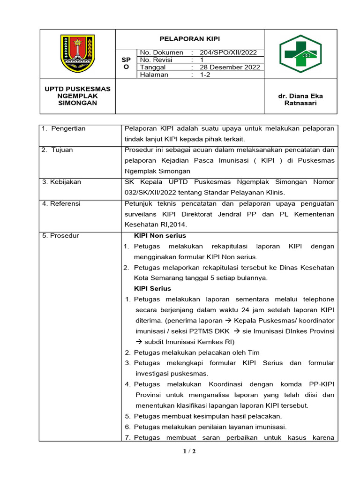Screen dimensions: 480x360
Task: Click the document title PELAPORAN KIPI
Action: (x=189, y=39)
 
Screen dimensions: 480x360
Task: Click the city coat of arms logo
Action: (x=77, y=53)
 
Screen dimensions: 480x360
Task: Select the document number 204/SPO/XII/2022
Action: (x=228, y=52)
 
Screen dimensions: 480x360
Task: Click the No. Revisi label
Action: (x=156, y=60)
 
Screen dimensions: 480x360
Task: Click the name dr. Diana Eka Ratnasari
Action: (x=300, y=99)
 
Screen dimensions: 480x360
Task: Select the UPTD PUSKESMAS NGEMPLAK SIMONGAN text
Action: (x=77, y=96)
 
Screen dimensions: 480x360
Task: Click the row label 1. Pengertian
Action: (x=64, y=128)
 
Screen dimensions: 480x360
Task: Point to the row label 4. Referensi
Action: (x=61, y=203)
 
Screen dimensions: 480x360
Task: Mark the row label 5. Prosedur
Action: (x=60, y=236)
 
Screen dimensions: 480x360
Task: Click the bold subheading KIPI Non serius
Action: (x=160, y=236)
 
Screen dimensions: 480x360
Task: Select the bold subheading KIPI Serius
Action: (x=152, y=288)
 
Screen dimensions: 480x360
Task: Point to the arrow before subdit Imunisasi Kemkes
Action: (x=139, y=342)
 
